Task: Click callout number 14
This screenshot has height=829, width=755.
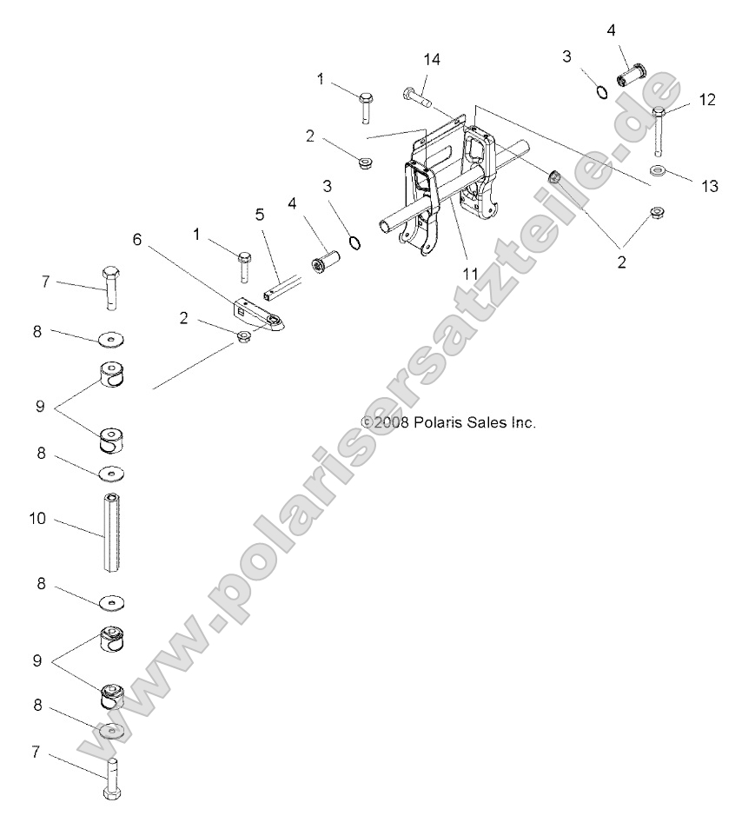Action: point(432,59)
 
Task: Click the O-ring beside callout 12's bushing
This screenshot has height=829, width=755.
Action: point(599,92)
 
